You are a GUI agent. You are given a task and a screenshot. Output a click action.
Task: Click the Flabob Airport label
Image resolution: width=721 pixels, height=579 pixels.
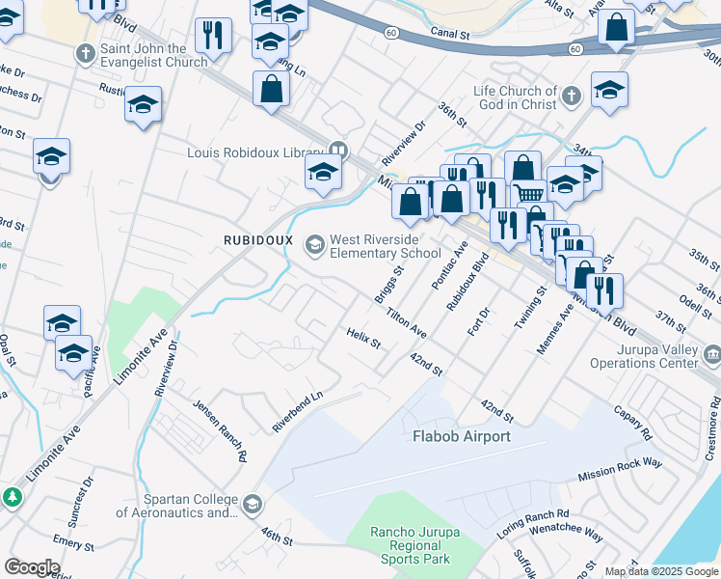[461, 437]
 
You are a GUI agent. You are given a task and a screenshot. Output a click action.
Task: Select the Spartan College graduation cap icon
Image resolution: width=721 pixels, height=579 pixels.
[253, 505]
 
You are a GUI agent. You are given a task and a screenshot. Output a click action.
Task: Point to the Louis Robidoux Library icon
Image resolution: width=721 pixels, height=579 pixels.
[337, 150]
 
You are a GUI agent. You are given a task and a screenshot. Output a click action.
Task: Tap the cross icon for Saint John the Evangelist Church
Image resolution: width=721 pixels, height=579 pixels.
[87, 54]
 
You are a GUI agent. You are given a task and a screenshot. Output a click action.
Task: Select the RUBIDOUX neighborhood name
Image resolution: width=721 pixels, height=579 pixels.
[257, 239]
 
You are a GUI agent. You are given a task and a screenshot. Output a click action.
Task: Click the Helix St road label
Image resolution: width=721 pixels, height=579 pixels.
[364, 338]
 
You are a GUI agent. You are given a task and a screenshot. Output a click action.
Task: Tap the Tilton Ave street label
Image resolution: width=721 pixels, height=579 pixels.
[406, 322]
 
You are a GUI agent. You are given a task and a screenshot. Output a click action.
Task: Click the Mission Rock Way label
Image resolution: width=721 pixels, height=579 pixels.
[620, 470]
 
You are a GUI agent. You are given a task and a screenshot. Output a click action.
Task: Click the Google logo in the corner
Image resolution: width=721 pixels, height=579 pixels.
[32, 567]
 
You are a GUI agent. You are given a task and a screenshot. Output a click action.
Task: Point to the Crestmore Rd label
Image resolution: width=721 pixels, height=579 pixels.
[711, 433]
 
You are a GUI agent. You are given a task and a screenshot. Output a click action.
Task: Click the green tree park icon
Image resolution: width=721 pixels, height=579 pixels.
[13, 498]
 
